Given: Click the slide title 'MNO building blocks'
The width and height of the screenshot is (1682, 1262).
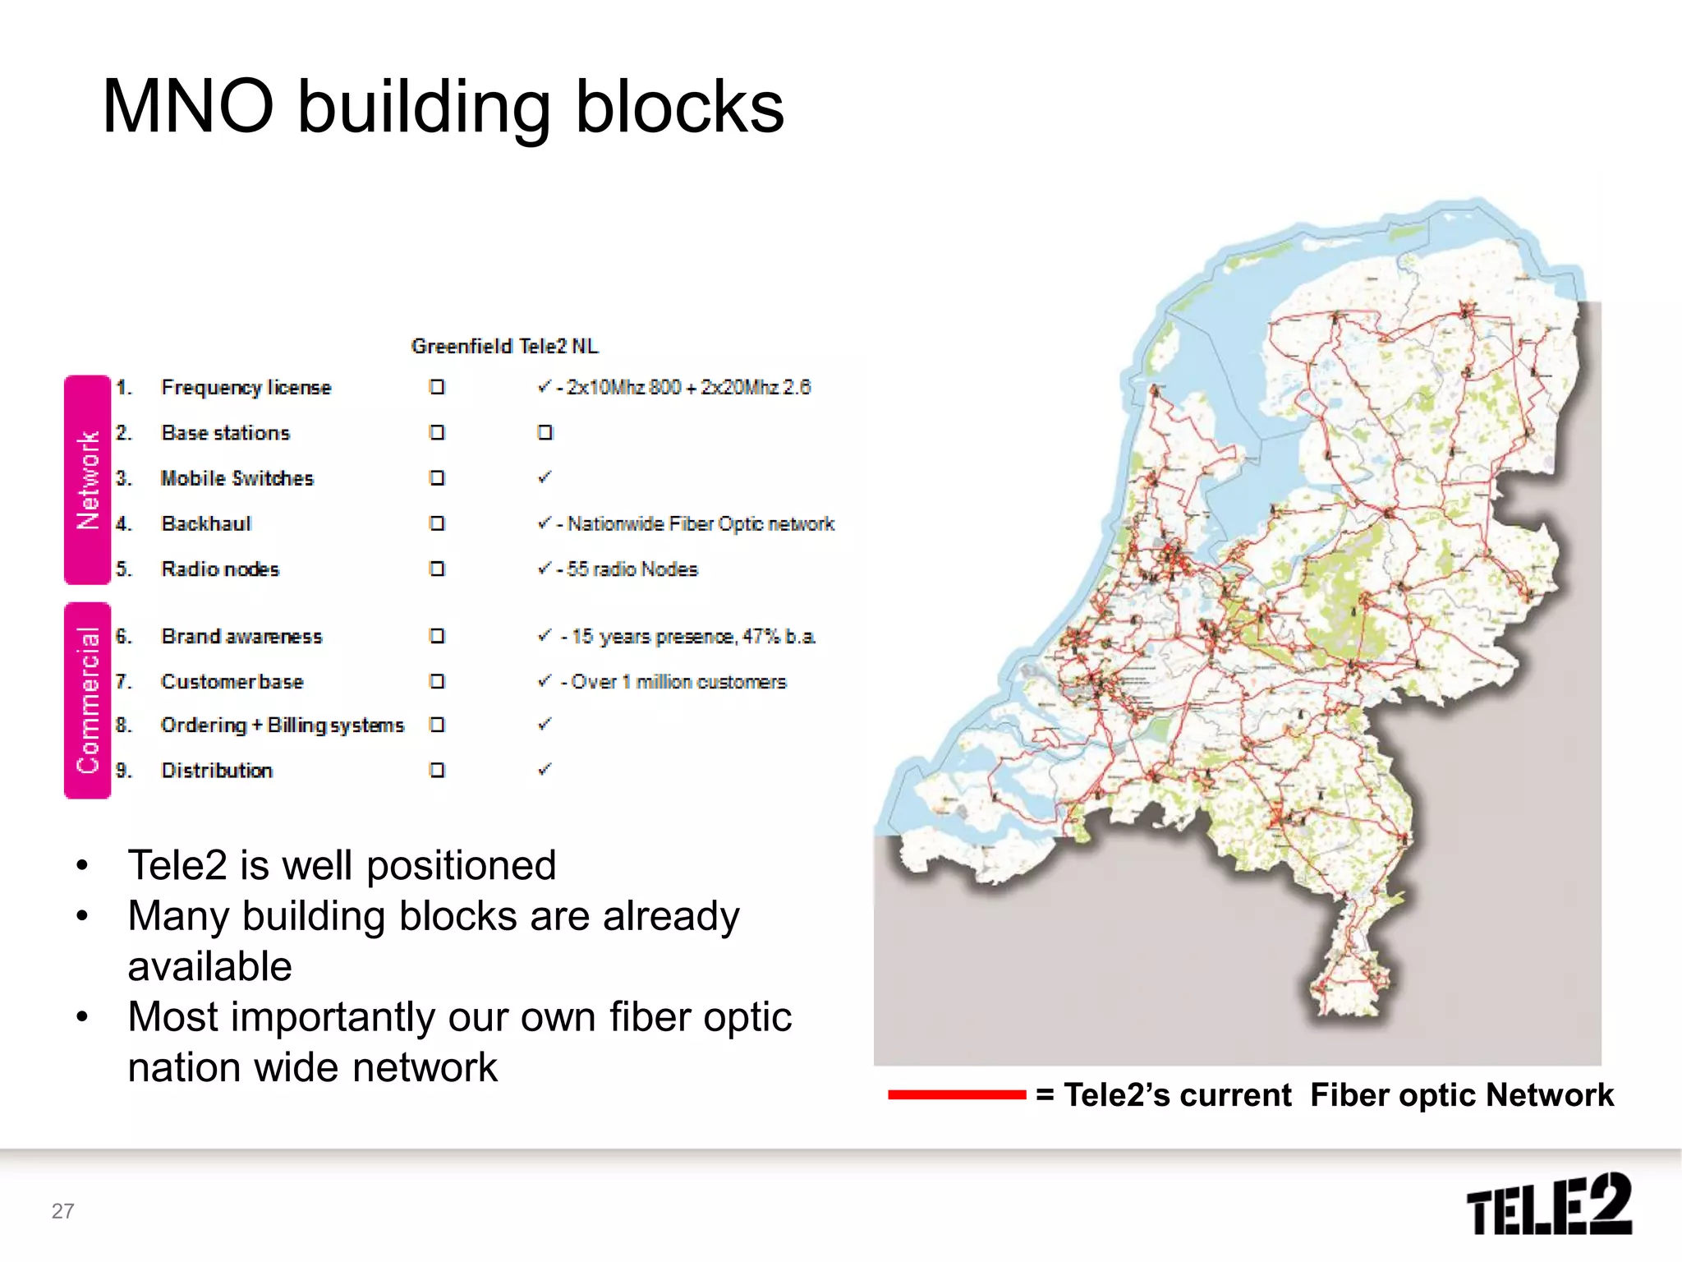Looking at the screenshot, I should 443,107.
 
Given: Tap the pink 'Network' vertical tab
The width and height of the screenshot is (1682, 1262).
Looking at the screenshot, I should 87,480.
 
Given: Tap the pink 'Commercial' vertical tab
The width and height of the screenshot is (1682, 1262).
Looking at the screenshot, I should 87,700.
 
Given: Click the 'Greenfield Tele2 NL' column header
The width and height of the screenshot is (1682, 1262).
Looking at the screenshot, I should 504,346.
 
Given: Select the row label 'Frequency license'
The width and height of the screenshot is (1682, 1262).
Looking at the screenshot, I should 246,387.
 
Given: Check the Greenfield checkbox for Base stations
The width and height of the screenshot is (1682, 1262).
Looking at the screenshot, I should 437,433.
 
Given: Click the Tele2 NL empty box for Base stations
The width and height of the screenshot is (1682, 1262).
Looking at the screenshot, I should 545,433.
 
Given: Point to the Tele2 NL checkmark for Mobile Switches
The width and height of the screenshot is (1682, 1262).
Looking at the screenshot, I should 545,477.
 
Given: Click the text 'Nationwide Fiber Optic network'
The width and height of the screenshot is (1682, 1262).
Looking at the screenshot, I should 701,523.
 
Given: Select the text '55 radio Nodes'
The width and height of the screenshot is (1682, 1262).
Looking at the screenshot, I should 632,569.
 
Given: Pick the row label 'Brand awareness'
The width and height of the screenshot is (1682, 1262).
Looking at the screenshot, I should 241,636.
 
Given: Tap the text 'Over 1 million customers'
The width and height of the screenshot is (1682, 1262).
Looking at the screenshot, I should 678,682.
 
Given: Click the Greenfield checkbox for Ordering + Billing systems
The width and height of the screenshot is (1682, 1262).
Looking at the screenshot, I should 437,725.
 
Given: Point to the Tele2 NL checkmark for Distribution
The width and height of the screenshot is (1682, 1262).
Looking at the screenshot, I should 545,770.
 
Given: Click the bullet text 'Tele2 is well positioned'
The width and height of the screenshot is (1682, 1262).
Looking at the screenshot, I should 342,865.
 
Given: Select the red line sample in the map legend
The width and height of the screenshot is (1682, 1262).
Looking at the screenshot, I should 957,1094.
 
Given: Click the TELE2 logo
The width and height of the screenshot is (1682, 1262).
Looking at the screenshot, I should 1549,1204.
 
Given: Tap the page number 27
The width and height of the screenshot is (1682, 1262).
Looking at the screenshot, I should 62,1211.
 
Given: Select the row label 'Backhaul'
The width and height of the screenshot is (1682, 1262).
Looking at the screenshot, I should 206,523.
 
